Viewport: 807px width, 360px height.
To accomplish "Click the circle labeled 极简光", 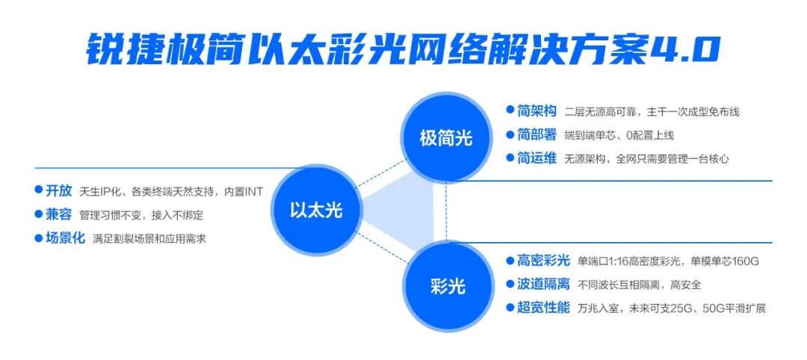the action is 445,138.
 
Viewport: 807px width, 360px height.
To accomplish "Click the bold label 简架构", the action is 537,111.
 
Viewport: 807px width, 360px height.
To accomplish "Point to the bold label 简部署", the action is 537,134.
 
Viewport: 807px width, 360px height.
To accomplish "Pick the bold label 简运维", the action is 537,158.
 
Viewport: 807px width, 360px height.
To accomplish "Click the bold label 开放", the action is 59,190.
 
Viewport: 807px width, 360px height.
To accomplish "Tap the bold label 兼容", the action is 59,214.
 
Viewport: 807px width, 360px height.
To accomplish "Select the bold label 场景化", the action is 65,238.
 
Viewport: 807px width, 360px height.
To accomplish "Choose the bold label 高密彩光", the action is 543,261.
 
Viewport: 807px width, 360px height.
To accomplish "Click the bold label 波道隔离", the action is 543,285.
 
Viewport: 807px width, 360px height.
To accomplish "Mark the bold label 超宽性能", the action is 543,308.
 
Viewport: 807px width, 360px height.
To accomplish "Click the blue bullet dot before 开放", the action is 38,190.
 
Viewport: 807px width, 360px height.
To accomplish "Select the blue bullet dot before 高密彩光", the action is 510,260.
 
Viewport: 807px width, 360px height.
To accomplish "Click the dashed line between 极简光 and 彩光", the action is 446,212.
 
